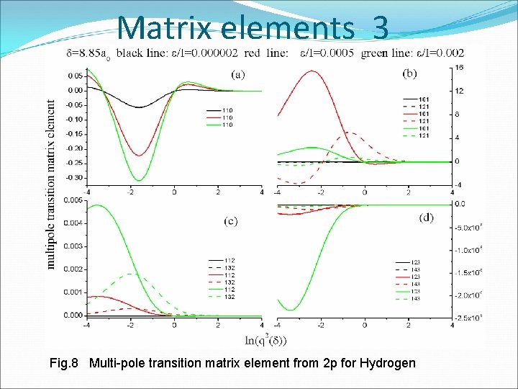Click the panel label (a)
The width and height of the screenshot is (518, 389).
pyautogui.click(x=237, y=73)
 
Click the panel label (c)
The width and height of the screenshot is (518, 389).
pyautogui.click(x=231, y=220)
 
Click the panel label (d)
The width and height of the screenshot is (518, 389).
pyautogui.click(x=426, y=217)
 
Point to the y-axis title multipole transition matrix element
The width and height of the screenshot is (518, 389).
pyautogui.click(x=51, y=184)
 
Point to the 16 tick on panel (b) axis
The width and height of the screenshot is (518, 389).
pyautogui.click(x=458, y=68)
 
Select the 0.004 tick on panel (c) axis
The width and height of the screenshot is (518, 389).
pyautogui.click(x=73, y=223)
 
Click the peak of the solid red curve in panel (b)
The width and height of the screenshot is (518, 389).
pyautogui.click(x=312, y=71)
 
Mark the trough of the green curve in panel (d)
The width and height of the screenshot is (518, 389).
pyautogui.click(x=291, y=310)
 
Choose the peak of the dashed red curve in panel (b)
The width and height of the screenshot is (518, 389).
pyautogui.click(x=350, y=133)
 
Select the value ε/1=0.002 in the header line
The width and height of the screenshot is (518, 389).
pyautogui.click(x=440, y=52)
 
